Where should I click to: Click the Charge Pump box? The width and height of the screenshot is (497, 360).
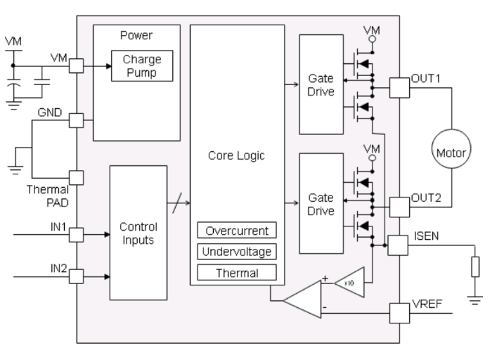142,66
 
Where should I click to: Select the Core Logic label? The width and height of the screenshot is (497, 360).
236,156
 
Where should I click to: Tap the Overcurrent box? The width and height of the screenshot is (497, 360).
237,231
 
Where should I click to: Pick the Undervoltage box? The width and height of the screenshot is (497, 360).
237,251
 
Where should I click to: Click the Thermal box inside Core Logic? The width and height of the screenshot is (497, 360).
237,271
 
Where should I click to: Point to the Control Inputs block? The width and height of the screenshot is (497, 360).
138,234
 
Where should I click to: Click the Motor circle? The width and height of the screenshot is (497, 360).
450,152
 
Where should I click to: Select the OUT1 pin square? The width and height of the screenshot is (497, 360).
399,87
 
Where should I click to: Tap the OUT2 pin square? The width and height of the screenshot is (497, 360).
399,206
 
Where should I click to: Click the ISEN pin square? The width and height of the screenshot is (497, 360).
399,245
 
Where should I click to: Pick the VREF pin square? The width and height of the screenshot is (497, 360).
399,309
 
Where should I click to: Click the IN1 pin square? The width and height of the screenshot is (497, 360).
75,233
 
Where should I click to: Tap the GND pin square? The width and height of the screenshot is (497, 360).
75,120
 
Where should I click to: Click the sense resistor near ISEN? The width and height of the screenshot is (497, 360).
476,266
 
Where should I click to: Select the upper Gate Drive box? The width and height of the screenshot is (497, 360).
320,84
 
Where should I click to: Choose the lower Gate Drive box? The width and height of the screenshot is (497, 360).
320,204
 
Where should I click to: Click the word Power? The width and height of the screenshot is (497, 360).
136,34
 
